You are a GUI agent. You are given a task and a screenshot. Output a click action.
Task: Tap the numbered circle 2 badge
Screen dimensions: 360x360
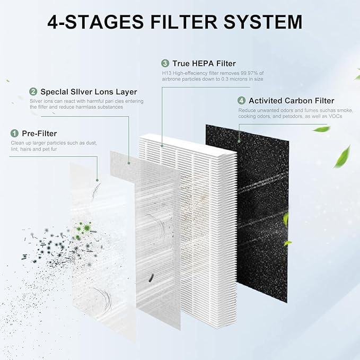pyautogui.click(x=33, y=91)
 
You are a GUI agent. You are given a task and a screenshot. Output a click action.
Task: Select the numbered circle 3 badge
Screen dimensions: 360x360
pyautogui.click(x=165, y=64)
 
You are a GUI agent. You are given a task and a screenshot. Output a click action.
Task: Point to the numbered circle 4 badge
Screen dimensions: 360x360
pyautogui.click(x=242, y=100)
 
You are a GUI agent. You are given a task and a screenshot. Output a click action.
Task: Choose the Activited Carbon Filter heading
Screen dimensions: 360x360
pyautogui.click(x=292, y=100)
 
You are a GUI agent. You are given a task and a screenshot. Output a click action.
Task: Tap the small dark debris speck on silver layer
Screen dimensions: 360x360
pyautogui.click(x=152, y=276)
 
